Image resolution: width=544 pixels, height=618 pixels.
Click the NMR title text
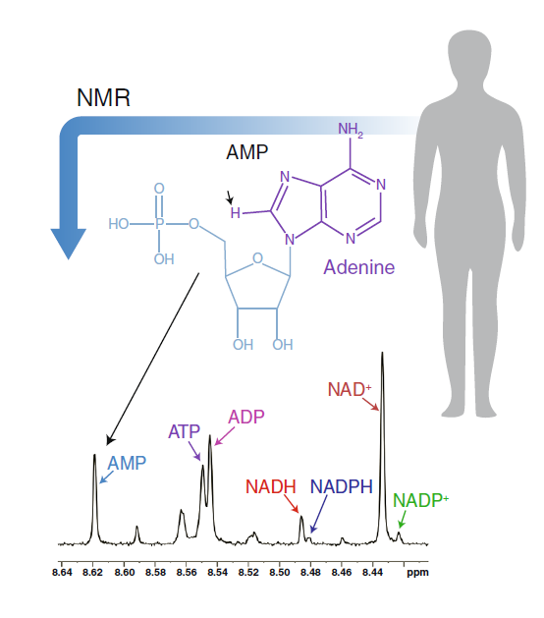pos(103,97)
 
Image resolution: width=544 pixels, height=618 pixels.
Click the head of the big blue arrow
pos(68,244)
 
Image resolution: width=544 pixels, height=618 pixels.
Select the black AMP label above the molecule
pos(247,152)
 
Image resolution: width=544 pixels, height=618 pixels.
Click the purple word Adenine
pos(358,267)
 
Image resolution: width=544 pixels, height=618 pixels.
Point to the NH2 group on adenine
pos(351,130)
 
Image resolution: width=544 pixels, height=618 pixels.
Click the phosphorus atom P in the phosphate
pos(159,224)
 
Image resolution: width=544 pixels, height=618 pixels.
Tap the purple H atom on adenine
pos(235,213)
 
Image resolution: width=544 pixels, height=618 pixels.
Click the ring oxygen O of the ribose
pos(257,258)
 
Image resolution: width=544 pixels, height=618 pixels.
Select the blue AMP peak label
pos(127,463)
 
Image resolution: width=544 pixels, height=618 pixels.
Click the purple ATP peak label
pos(184,431)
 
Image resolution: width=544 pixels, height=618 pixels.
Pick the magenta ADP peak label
pos(246,417)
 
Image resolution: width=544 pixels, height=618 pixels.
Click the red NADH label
pos(271,486)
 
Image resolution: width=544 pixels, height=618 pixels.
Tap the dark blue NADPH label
pos(341,486)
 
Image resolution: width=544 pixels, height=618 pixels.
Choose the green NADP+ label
pos(420,500)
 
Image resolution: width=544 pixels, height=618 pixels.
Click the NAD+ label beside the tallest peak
pos(350,389)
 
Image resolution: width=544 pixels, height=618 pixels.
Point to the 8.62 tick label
pos(92,572)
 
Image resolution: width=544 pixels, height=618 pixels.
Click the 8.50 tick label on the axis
pos(279,572)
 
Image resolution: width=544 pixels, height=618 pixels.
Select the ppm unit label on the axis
pos(417,573)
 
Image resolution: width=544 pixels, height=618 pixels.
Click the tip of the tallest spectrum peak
pos(382,353)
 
